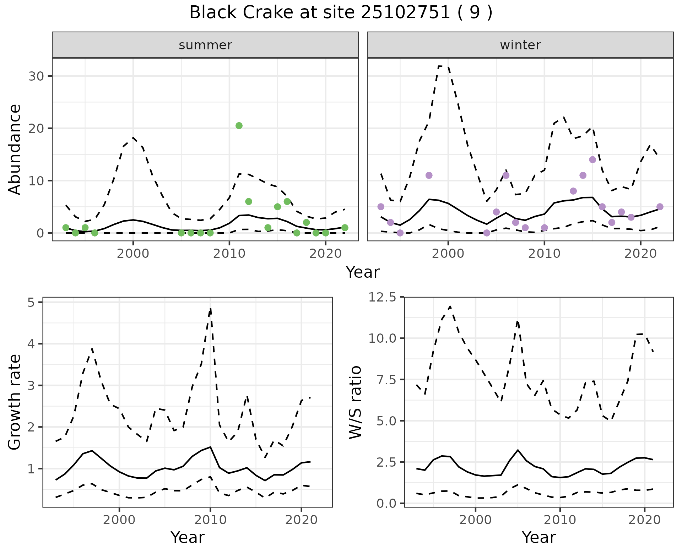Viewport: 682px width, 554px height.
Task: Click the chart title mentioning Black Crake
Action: pyautogui.click(x=341, y=13)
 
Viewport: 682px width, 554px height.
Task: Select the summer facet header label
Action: pyautogui.click(x=205, y=45)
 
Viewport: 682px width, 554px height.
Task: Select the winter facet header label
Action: pyautogui.click(x=520, y=45)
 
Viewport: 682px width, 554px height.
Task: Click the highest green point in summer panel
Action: pyautogui.click(x=239, y=126)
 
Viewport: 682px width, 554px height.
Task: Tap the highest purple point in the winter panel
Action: pyautogui.click(x=592, y=160)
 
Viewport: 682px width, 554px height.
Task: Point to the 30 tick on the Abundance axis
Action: pyautogui.click(x=36, y=76)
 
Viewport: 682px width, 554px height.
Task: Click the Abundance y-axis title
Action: pyautogui.click(x=15, y=150)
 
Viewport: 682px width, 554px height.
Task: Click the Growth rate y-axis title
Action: pyautogui.click(x=15, y=402)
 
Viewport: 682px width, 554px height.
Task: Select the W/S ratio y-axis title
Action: pyautogui.click(x=356, y=402)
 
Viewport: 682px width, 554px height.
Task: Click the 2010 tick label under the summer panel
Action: pyautogui.click(x=229, y=254)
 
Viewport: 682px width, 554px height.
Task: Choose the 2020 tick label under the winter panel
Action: pyautogui.click(x=640, y=254)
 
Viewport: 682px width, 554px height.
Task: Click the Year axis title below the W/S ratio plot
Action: pyautogui.click(x=538, y=538)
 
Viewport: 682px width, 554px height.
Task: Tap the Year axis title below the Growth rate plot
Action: pyautogui.click(x=188, y=538)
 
